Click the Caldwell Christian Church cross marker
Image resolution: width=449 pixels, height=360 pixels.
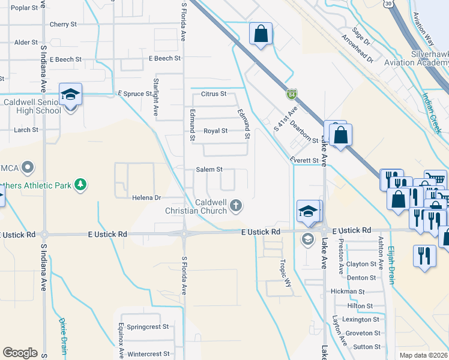236,206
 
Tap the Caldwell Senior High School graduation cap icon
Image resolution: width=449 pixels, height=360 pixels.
70,94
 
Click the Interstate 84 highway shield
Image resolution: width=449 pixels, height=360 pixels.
291,94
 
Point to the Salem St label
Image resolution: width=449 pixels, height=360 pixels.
209,170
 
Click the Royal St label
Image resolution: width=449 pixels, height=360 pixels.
215,131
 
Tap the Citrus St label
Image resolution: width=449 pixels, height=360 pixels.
214,94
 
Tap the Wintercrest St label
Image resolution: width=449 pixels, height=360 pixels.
148,355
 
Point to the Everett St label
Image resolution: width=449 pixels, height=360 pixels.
303,161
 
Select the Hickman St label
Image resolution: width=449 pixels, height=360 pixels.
348,292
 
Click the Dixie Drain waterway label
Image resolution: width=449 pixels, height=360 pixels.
62,337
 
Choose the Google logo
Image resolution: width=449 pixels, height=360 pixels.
20,353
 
